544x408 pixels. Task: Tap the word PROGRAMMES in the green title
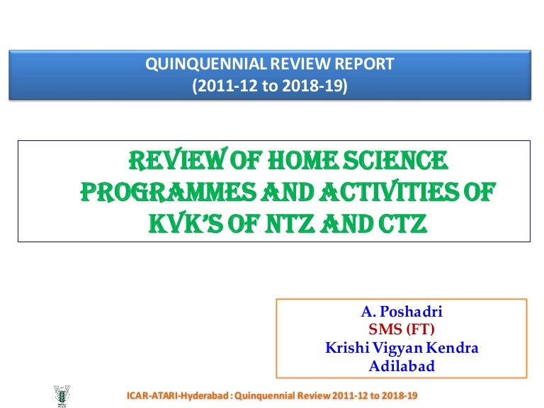point(162,192)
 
